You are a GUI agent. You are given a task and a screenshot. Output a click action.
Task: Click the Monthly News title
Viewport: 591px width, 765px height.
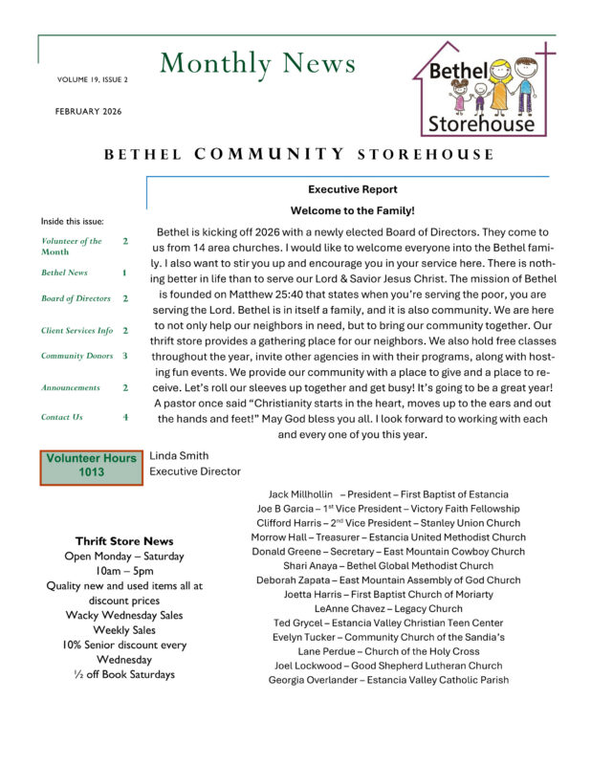(x=258, y=63)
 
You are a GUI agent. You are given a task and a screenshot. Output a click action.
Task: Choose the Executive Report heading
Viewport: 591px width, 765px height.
(x=353, y=189)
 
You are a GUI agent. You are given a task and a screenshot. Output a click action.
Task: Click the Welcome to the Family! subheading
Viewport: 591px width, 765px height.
(x=352, y=210)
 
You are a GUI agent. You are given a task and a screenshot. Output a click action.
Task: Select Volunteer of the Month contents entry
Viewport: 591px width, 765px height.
(x=72, y=247)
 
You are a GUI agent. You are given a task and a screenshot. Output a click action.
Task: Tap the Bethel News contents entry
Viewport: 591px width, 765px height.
(x=64, y=273)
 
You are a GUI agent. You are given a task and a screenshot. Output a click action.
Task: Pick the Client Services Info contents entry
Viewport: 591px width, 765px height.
(x=77, y=330)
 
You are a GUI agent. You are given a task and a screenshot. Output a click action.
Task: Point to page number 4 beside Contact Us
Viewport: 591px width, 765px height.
(x=124, y=417)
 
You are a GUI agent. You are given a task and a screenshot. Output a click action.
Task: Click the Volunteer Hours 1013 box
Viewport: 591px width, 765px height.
(x=91, y=466)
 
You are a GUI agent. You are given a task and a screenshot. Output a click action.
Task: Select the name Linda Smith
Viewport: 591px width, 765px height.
(x=179, y=455)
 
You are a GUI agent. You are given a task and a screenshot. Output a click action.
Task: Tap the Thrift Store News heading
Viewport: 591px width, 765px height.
(x=124, y=541)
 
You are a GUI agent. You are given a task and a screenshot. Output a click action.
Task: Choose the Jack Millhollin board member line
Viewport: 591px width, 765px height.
(x=388, y=494)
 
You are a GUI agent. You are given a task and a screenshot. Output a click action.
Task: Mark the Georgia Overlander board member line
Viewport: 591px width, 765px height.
(x=388, y=680)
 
